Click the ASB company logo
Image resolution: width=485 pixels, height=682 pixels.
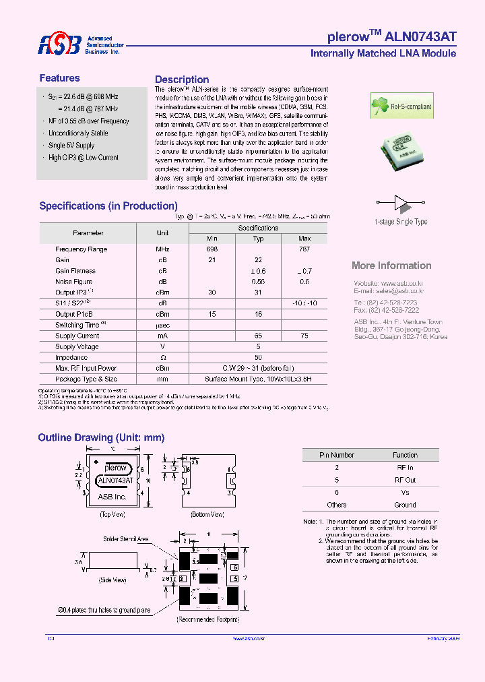coord(59,45)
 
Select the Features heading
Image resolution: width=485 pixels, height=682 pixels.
coord(59,78)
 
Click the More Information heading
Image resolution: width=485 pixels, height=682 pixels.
coord(391,266)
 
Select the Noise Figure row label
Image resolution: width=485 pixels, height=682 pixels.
coord(73,282)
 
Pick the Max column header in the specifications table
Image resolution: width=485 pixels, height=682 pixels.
coord(304,239)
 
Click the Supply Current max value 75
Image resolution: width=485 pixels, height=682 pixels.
coord(304,336)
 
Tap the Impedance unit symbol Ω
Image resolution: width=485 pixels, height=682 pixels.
coord(162,357)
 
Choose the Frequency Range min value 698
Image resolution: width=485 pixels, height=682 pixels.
coord(212,249)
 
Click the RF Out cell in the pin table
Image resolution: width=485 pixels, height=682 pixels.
coord(406,480)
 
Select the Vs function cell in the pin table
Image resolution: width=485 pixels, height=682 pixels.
coord(406,493)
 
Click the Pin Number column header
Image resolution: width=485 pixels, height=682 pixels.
coord(337,455)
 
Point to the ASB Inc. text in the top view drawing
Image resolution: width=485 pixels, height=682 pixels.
coord(112,497)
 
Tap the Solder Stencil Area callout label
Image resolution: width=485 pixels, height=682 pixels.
coord(126,539)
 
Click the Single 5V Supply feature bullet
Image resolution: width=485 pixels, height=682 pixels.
coord(71,146)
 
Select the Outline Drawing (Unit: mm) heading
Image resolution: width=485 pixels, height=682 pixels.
coord(101,437)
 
